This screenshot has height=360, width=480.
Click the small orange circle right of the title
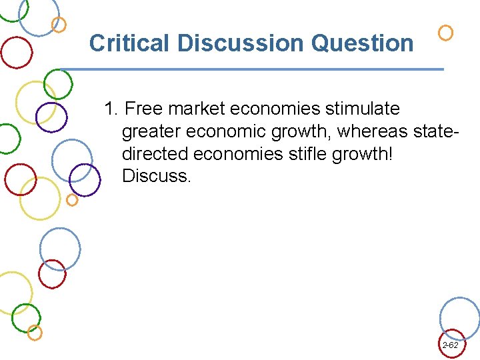[445, 33]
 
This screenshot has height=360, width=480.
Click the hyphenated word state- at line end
[436, 131]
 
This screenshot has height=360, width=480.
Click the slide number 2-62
[450, 345]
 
